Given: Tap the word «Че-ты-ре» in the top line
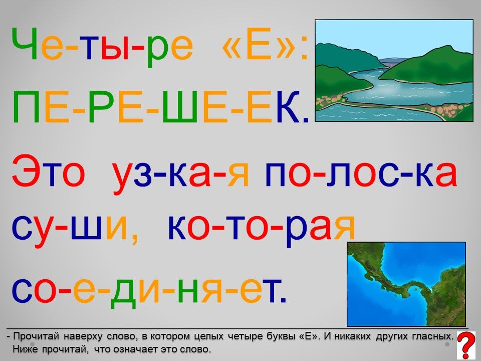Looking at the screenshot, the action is coord(102,46).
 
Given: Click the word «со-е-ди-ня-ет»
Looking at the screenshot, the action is coord(149,290).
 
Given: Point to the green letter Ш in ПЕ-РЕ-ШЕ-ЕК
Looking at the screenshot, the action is coord(179,107).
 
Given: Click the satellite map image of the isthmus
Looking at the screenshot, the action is coord(406,284).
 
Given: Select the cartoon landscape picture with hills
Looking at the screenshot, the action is coord(394,70).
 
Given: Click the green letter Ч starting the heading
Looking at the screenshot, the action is coord(25,43).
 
